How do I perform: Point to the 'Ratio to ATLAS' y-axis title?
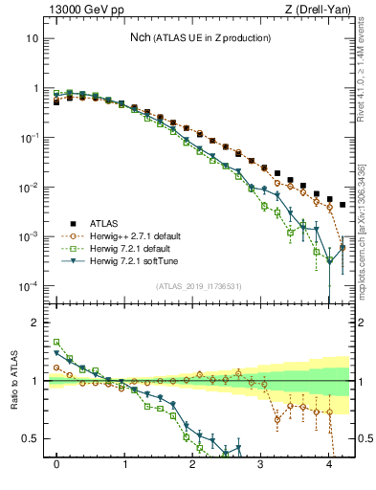point(12,382)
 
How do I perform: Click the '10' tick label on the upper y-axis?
point(32,38)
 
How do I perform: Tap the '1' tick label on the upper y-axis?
point(35,88)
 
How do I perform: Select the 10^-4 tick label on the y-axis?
point(29,286)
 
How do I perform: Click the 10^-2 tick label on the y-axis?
point(29,187)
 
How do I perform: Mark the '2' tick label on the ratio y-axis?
point(35,323)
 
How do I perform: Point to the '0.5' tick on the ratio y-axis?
point(31,438)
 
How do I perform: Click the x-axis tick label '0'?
point(57,462)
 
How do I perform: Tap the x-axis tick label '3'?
point(261,462)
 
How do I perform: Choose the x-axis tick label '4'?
point(329,462)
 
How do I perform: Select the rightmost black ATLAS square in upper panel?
point(343,205)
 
